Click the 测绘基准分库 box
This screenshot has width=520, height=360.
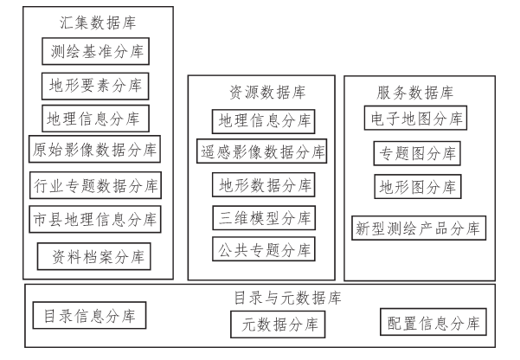coord(95,51)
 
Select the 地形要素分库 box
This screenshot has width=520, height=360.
coord(95,85)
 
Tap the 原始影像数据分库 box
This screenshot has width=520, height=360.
coord(93,150)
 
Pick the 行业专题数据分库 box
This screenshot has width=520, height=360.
coord(93,184)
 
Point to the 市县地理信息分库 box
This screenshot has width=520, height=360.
coord(93,218)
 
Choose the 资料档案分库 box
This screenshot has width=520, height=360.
coord(93,256)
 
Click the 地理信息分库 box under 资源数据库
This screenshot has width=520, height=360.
coord(263,119)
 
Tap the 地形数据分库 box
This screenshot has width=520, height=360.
coord(263,184)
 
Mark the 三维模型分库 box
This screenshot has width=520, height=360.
coord(263,217)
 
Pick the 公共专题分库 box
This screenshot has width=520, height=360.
coord(263,249)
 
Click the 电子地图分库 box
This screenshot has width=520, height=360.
coord(416,117)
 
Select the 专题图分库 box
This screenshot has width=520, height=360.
coord(416,154)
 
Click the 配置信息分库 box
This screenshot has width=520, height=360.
coord(433,324)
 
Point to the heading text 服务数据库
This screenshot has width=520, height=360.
coord(416,92)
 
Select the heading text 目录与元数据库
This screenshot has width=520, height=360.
coord(287,298)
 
